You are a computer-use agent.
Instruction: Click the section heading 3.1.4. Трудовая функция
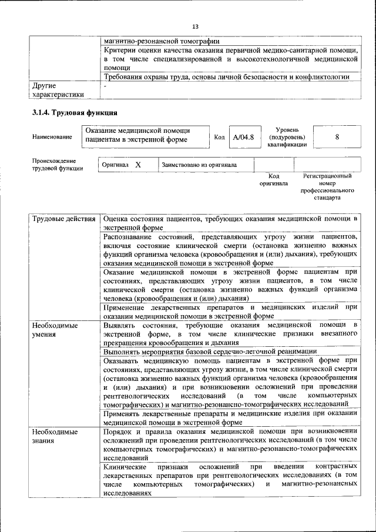coord(75,113)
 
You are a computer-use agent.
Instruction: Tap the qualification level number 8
coord(337,137)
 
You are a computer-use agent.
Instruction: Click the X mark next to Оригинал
coord(138,165)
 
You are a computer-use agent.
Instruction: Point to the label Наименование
coord(53,137)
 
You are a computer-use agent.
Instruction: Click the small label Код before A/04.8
coord(219,137)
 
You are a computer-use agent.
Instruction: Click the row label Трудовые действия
coord(64,219)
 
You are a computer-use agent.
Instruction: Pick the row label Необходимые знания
coord(55,436)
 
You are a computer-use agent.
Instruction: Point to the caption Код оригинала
coord(273,179)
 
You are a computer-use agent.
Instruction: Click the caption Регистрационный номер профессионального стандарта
coord(327,187)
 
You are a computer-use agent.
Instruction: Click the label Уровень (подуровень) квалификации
coord(287,137)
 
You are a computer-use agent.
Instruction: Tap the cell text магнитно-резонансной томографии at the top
coord(162,42)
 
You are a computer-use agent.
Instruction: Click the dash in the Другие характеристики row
coord(105,86)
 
